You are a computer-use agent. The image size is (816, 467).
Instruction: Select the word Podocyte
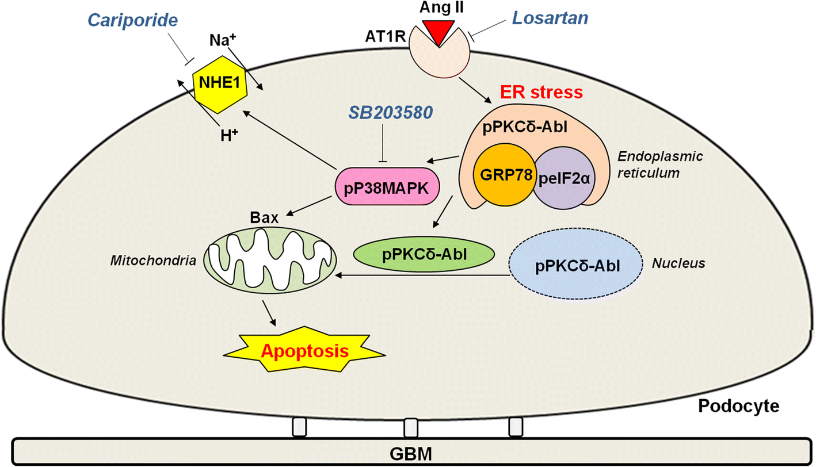(739, 406)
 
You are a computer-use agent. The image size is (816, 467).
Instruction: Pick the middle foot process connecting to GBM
(410, 428)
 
